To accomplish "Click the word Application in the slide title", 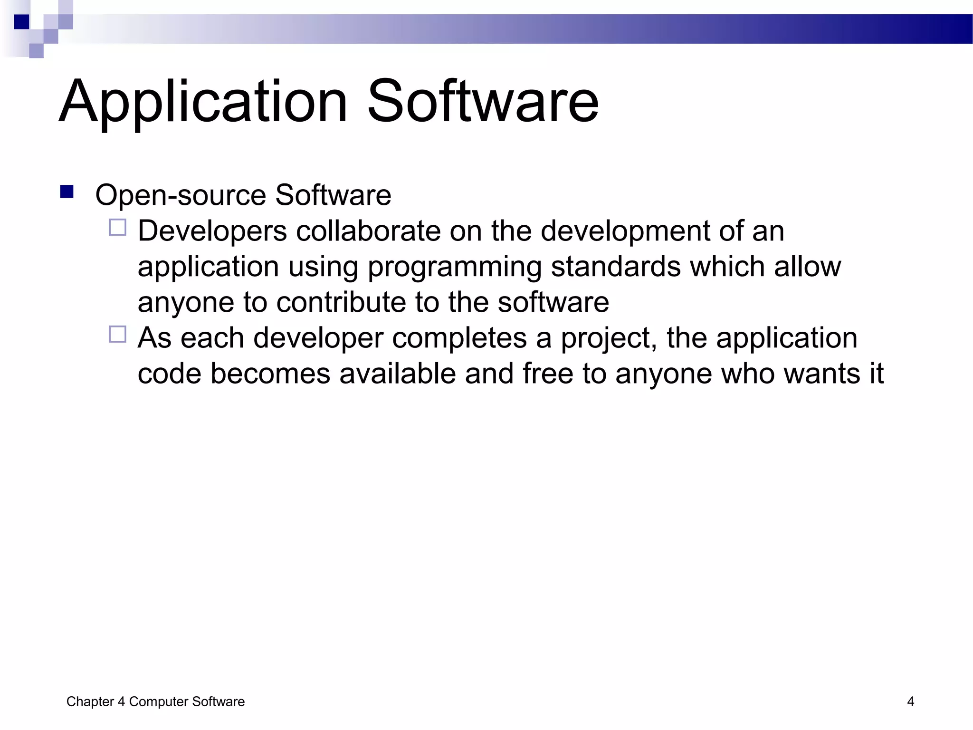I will [203, 102].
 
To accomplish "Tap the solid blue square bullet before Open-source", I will [67, 192].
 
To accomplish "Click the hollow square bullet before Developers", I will [118, 227].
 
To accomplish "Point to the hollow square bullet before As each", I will [118, 334].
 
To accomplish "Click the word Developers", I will [212, 231].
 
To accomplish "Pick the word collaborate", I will [368, 231].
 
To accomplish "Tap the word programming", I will [454, 267].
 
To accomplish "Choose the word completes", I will [459, 338].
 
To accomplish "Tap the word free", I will [548, 374].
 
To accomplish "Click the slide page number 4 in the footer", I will [910, 701].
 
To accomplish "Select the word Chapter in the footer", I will [90, 702].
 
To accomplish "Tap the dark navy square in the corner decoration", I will [21, 22].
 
